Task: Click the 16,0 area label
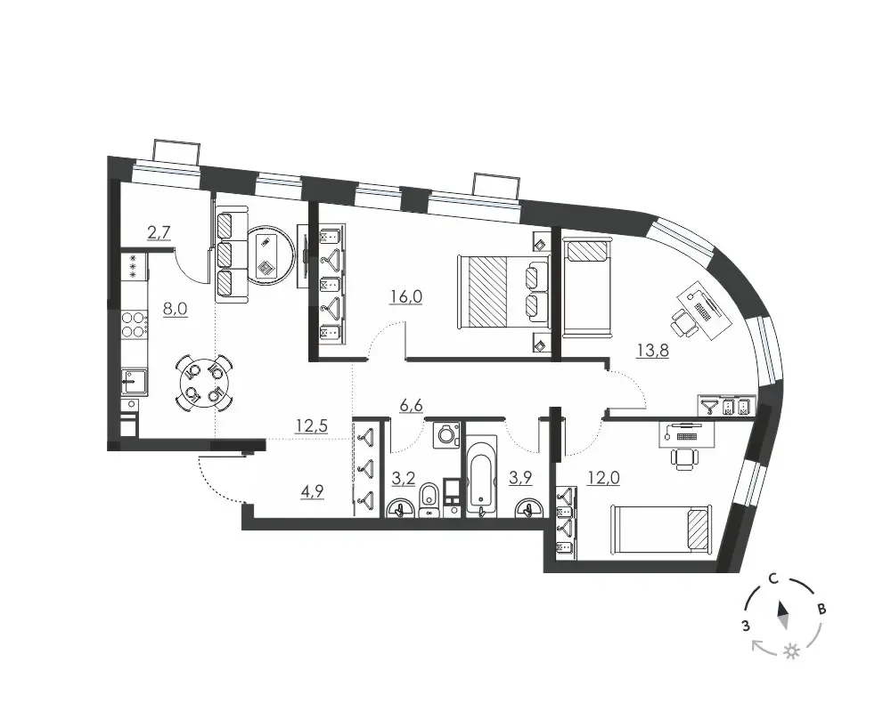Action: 405,296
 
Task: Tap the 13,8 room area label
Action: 652,351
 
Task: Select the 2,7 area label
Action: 159,233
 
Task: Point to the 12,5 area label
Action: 311,425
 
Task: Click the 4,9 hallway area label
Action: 312,491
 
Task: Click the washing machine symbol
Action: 446,435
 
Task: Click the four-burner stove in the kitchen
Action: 135,324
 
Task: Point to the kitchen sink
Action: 135,382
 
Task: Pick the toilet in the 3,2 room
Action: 429,499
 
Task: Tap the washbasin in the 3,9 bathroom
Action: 529,506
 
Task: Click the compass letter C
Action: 772,579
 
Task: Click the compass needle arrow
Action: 783,616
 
